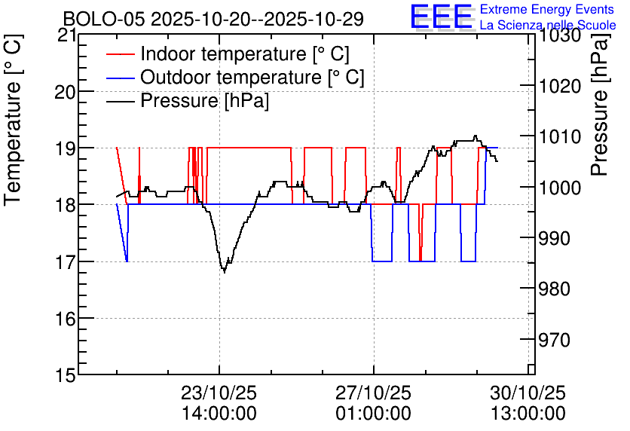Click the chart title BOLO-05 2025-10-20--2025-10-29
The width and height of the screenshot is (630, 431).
213,19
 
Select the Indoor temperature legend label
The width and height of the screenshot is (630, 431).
245,53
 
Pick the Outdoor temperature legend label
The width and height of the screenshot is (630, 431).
252,77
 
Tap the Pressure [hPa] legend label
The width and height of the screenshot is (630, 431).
204,100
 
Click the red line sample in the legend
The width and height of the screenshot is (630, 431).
121,53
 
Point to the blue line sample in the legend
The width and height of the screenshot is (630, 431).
121,77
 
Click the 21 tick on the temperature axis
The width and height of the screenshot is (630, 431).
66,35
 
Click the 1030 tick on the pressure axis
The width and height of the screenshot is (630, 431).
560,35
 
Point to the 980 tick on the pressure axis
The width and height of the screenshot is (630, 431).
554,289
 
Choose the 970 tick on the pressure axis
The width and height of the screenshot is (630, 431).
554,340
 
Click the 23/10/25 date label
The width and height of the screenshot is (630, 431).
219,393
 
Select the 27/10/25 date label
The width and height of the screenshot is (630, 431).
374,393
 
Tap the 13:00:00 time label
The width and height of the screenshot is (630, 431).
528,414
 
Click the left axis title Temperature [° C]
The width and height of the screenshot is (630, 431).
13,121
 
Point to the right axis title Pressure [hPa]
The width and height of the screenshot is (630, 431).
600,105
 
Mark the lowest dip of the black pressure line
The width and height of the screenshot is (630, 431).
225,272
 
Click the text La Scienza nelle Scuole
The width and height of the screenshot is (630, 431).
548,25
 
